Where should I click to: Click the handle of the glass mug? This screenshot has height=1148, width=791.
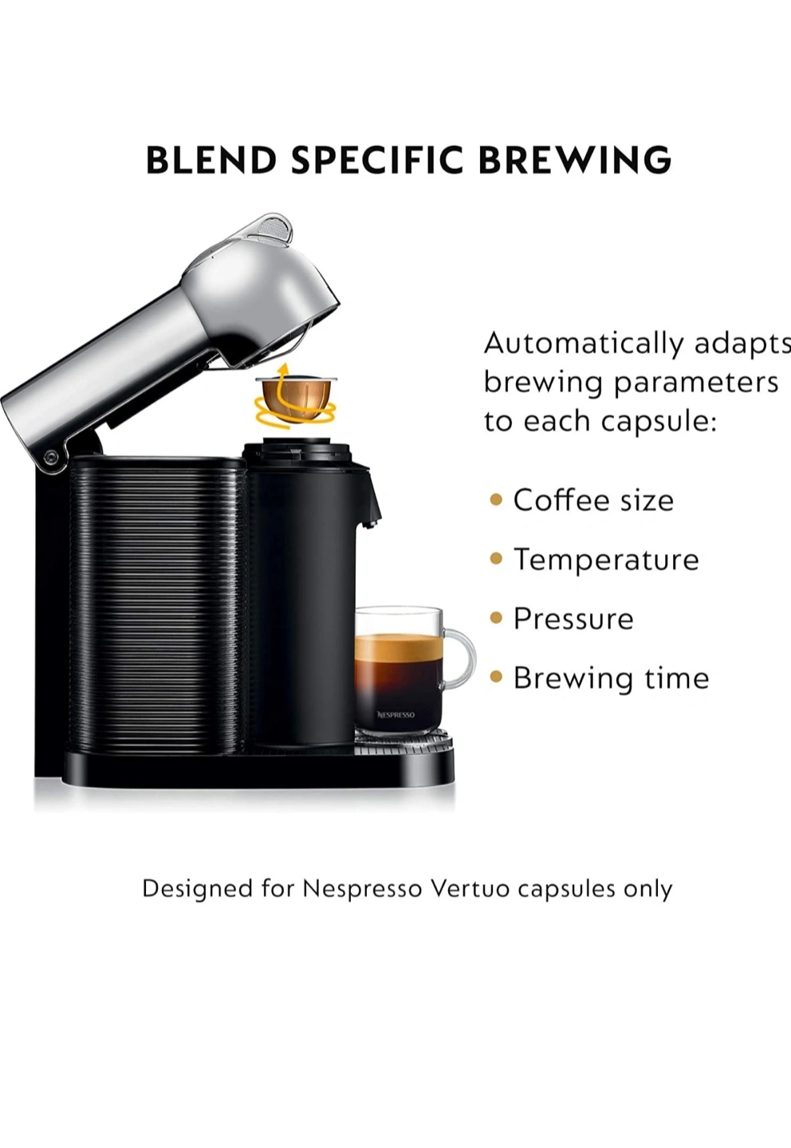(x=458, y=660)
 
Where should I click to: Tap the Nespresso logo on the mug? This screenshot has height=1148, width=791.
(x=395, y=714)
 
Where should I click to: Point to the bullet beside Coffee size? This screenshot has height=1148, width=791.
(x=496, y=499)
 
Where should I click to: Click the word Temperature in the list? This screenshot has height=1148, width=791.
(x=606, y=559)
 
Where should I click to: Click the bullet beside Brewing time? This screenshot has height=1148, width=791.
(x=496, y=678)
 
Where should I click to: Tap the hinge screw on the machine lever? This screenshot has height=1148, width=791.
(x=50, y=456)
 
